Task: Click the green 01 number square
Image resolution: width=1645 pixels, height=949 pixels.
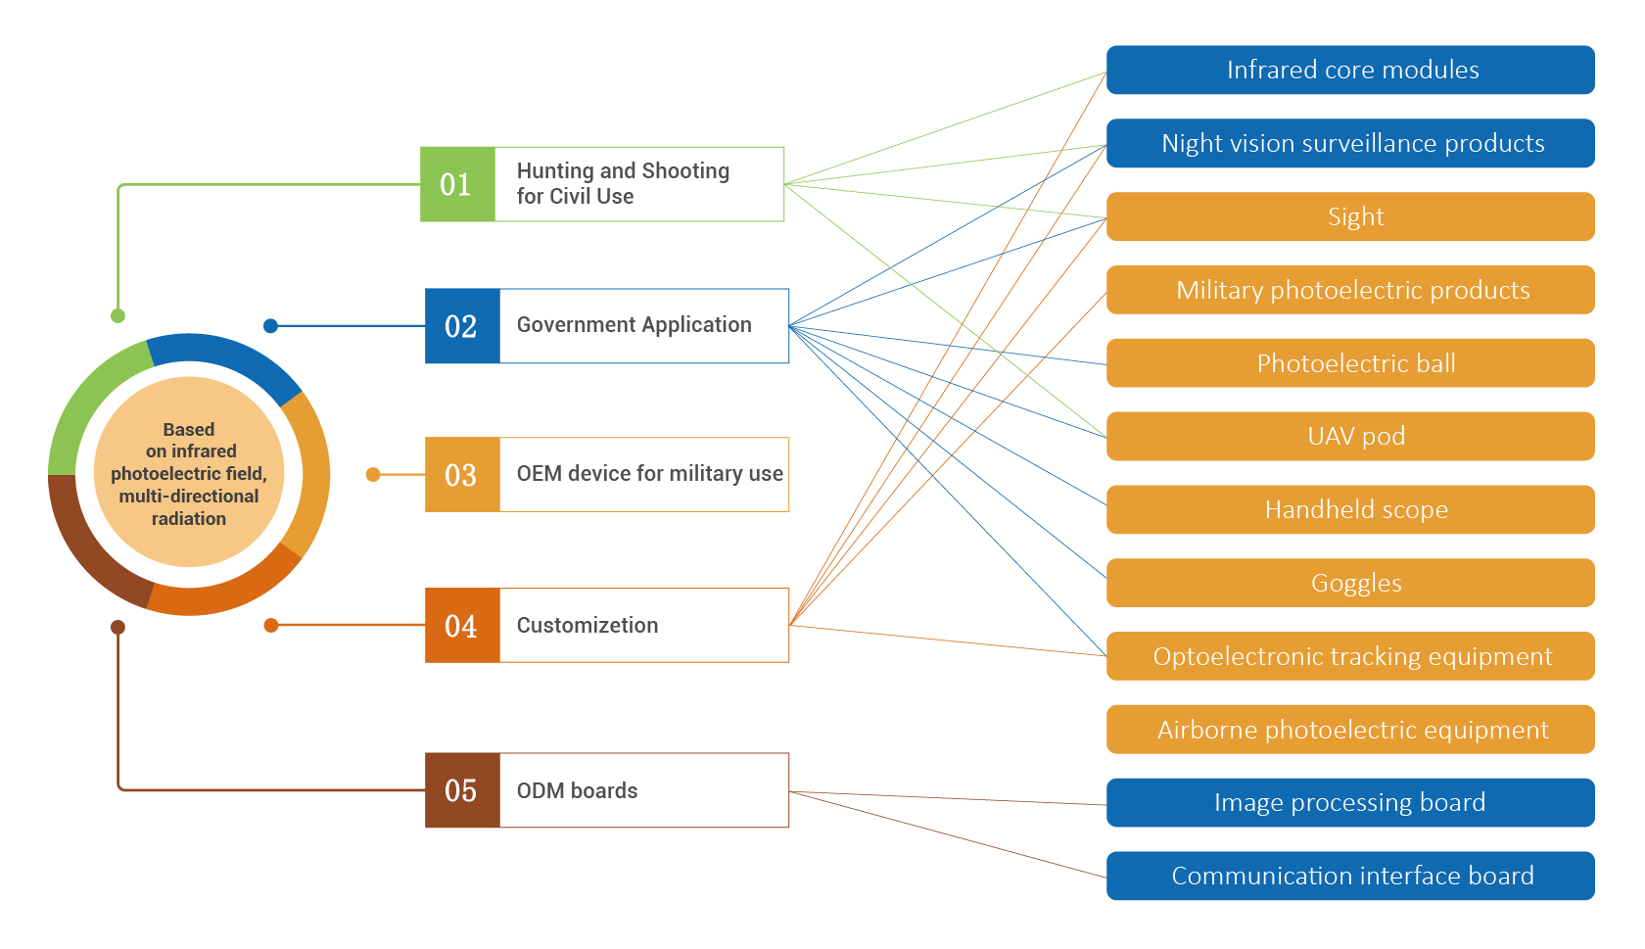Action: [457, 184]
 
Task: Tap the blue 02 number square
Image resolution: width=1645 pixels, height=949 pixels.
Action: [462, 326]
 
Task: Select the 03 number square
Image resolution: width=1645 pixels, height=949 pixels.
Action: [462, 475]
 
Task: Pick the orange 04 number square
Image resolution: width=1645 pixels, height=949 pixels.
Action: [462, 626]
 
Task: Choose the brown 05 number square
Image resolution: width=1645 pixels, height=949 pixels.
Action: [462, 790]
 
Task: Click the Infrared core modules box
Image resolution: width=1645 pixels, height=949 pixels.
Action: [1350, 71]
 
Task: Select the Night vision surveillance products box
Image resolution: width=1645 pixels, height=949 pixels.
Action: [1350, 144]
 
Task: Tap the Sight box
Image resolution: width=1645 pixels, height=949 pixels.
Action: [1350, 216]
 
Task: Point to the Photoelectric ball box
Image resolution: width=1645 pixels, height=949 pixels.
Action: [1350, 363]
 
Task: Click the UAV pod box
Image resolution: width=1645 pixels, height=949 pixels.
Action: [1350, 437]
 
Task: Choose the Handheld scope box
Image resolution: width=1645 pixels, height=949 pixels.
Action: [1350, 509]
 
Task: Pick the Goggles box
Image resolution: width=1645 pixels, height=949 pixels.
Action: [1350, 583]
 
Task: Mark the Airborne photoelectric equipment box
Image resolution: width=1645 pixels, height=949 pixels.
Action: [1350, 730]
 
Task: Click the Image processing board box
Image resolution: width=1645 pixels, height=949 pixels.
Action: [1350, 803]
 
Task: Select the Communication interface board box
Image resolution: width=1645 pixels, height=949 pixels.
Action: [1350, 876]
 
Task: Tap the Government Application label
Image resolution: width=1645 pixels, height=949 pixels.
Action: [634, 325]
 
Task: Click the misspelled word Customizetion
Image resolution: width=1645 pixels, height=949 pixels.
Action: [587, 626]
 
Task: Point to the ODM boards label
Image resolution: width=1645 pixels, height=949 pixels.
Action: [577, 790]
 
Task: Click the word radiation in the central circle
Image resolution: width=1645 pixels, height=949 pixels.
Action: [188, 519]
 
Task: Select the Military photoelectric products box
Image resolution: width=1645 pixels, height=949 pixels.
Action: [1350, 290]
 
